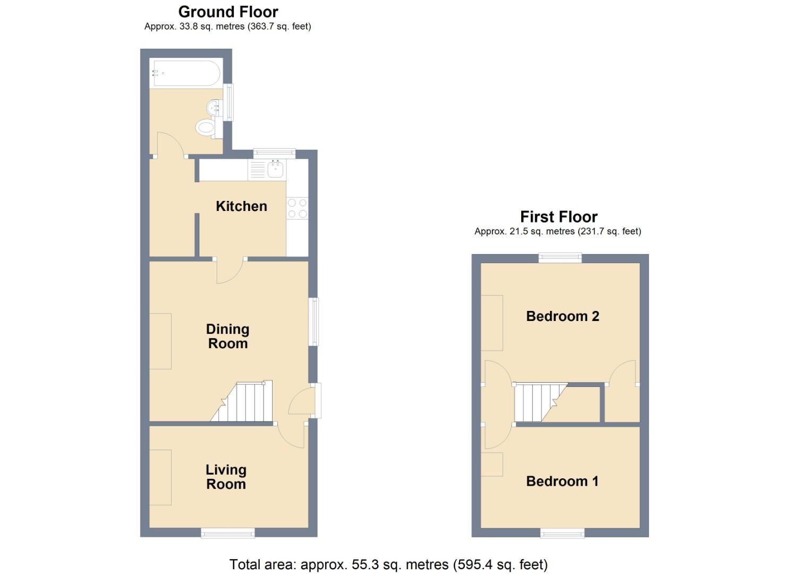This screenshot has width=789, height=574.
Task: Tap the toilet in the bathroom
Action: pos(206,127)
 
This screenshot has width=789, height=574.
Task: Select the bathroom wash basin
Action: pos(215,107)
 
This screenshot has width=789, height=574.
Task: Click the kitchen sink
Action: pos(275,169)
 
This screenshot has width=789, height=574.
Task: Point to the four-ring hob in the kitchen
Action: pos(298,208)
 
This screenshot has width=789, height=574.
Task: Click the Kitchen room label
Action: pos(241,206)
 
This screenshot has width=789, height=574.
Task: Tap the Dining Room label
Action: pos(227,336)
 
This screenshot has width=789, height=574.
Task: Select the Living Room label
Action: pos(226,477)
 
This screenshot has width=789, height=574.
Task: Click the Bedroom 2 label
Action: pos(563,316)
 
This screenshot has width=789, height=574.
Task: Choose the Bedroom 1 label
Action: pos(562,482)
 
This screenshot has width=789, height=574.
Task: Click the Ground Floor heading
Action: pos(228,12)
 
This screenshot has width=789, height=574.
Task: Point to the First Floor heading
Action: pos(558,217)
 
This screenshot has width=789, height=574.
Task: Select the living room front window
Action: pos(228,533)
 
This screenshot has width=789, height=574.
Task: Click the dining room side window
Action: pos(314,322)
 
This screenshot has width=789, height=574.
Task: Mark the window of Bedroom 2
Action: pos(560,258)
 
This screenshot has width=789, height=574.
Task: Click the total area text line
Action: pos(388,564)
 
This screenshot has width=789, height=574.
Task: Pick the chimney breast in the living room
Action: pos(160,477)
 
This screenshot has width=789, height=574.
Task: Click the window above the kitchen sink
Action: pos(274,154)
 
